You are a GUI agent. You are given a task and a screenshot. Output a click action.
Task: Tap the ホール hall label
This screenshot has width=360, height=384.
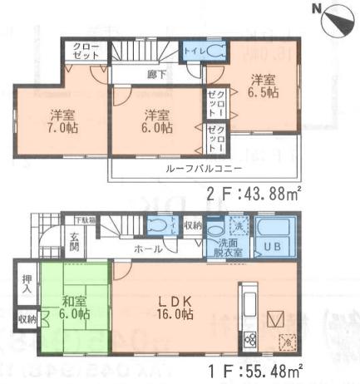tap(150, 248)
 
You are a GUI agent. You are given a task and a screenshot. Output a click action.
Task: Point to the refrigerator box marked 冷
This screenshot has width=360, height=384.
tap(286, 341)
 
